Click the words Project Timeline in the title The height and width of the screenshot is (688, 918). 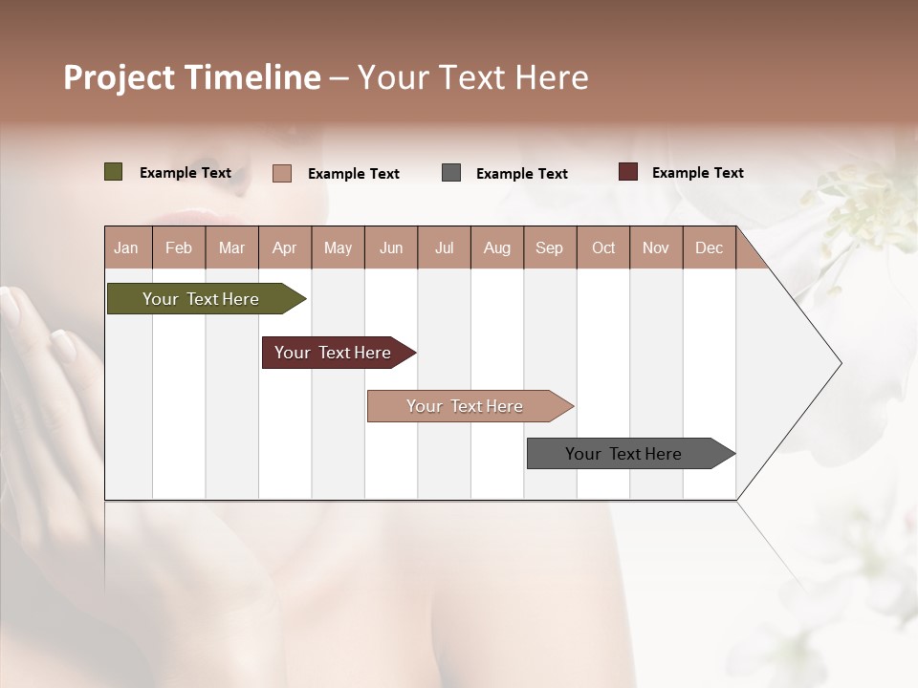pyautogui.click(x=191, y=77)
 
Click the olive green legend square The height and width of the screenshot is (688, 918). pyautogui.click(x=113, y=172)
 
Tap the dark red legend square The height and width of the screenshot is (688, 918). pyautogui.click(x=627, y=172)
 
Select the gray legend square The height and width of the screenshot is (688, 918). pyautogui.click(x=451, y=173)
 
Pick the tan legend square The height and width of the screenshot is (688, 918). pyautogui.click(x=281, y=173)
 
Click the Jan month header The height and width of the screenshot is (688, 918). pyautogui.click(x=126, y=247)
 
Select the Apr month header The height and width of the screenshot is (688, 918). pyautogui.click(x=284, y=247)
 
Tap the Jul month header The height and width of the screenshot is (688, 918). pyautogui.click(x=444, y=247)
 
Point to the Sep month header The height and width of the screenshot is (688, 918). pyautogui.click(x=549, y=247)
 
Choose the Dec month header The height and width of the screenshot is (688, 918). pyautogui.click(x=709, y=247)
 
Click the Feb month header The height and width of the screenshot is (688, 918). pyautogui.click(x=179, y=247)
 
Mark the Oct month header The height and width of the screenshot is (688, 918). pyautogui.click(x=603, y=247)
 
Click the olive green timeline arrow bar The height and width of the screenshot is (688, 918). pyautogui.click(x=202, y=299)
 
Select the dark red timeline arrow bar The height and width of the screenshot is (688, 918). pyautogui.click(x=334, y=353)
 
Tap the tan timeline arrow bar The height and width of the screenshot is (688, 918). pyautogui.click(x=465, y=406)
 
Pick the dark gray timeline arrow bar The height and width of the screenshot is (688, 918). pyautogui.click(x=623, y=454)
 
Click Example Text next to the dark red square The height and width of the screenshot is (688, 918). pyautogui.click(x=697, y=173)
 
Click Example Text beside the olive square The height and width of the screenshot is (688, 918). pyautogui.click(x=186, y=173)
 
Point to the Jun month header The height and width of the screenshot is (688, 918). pyautogui.click(x=391, y=247)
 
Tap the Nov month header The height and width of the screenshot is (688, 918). pyautogui.click(x=656, y=247)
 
